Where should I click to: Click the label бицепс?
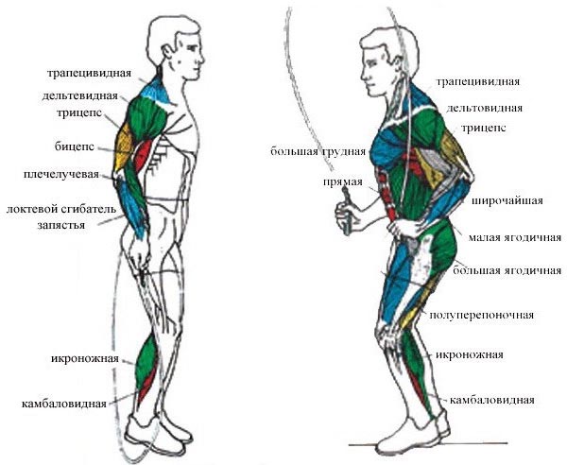click(x=75, y=146)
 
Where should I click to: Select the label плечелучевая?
click(x=61, y=175)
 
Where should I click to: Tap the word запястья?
click(x=61, y=225)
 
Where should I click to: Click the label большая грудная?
click(x=318, y=151)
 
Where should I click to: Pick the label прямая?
click(x=343, y=181)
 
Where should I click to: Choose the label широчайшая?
click(x=507, y=200)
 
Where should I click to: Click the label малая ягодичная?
click(x=515, y=237)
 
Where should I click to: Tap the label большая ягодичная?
click(x=507, y=270)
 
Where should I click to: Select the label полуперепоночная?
click(x=481, y=315)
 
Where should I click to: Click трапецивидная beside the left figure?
click(x=89, y=74)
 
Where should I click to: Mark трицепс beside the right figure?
click(x=484, y=129)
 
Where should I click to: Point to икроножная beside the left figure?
click(x=85, y=359)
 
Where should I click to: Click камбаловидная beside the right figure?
click(x=492, y=401)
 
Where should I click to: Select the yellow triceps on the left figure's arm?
click(x=123, y=146)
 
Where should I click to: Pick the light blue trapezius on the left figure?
click(x=156, y=91)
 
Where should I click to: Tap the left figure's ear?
click(x=167, y=53)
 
